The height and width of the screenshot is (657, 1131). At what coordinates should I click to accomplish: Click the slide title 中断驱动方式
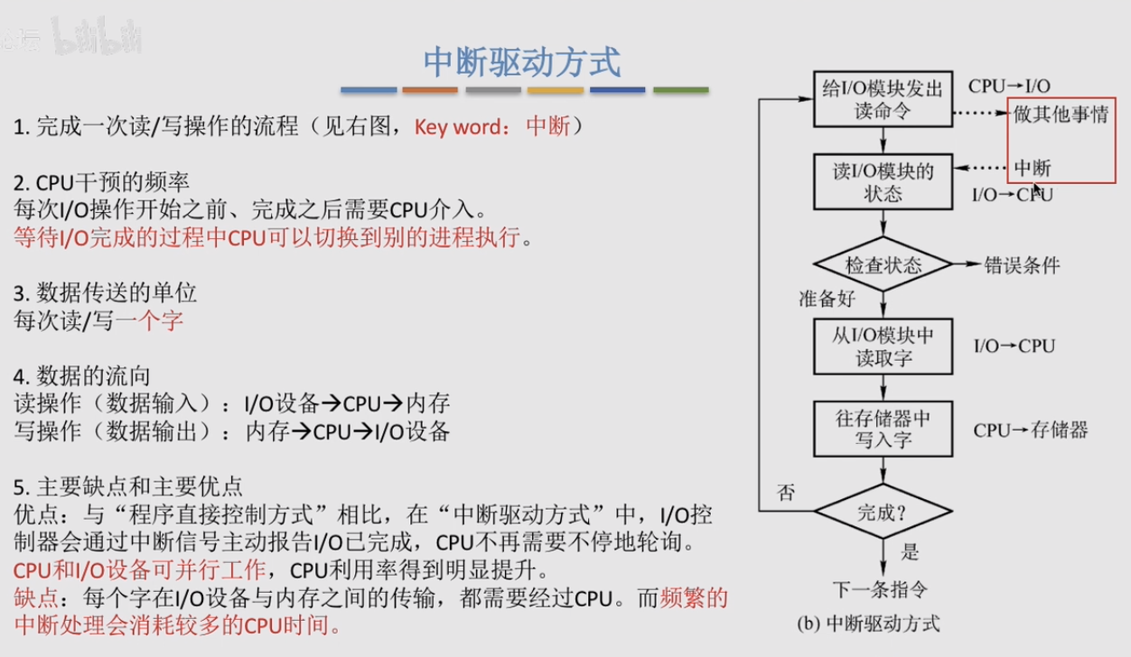pyautogui.click(x=522, y=62)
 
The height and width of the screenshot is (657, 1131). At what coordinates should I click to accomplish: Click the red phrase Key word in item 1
pyautogui.click(x=458, y=126)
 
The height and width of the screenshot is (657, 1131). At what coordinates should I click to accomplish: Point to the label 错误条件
pyautogui.click(x=1022, y=265)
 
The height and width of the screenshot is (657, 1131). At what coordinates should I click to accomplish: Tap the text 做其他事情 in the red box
pyautogui.click(x=1061, y=114)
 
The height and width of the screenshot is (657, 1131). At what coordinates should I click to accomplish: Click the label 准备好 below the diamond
pyautogui.click(x=827, y=299)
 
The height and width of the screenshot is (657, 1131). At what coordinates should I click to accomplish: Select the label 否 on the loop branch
pyautogui.click(x=786, y=492)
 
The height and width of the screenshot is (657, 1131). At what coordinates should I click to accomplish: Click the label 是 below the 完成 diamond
pyautogui.click(x=910, y=551)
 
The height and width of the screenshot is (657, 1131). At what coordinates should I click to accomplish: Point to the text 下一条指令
pyautogui.click(x=881, y=589)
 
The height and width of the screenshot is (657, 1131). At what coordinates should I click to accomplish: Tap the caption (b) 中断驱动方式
pyautogui.click(x=868, y=625)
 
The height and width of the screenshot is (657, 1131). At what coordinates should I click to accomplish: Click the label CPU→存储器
pyautogui.click(x=1031, y=430)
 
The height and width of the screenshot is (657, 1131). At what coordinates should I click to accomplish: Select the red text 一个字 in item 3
pyautogui.click(x=149, y=320)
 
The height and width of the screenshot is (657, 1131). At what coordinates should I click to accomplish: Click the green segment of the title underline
pyautogui.click(x=681, y=90)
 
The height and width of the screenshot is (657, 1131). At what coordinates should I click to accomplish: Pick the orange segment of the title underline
pyautogui.click(x=430, y=90)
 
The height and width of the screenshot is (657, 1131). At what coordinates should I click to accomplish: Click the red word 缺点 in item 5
pyautogui.click(x=36, y=598)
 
